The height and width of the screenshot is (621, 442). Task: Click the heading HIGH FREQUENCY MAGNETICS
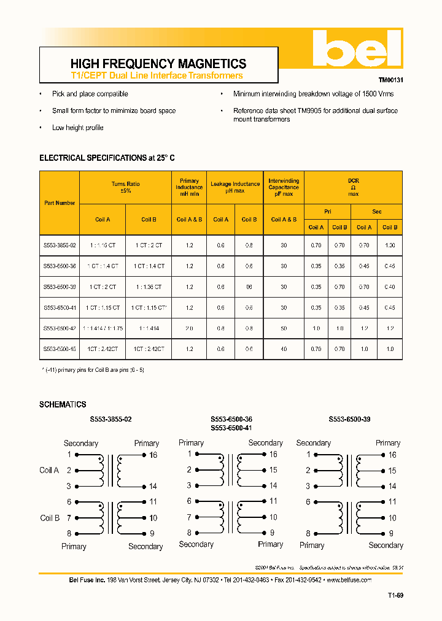158,64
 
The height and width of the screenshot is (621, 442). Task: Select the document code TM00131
390,80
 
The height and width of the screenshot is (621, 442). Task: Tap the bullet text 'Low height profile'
77,128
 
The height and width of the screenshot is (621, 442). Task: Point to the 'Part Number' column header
60,202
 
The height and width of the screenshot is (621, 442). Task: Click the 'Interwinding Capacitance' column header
284,187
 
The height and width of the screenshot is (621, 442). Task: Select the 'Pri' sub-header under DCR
327,212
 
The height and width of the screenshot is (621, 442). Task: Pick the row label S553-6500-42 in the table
60,328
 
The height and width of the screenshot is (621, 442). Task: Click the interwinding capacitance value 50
284,328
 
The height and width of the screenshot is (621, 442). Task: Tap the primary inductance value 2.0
189,328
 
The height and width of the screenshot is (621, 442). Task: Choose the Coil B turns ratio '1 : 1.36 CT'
149,287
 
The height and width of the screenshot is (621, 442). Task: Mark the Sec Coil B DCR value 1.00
389,245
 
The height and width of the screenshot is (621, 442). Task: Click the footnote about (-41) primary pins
94,370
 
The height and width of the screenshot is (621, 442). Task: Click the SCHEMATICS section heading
63,404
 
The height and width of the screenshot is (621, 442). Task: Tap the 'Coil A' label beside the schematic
49,470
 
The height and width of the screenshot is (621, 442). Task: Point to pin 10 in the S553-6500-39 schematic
392,518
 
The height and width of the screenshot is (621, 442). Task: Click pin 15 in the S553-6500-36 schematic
273,470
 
